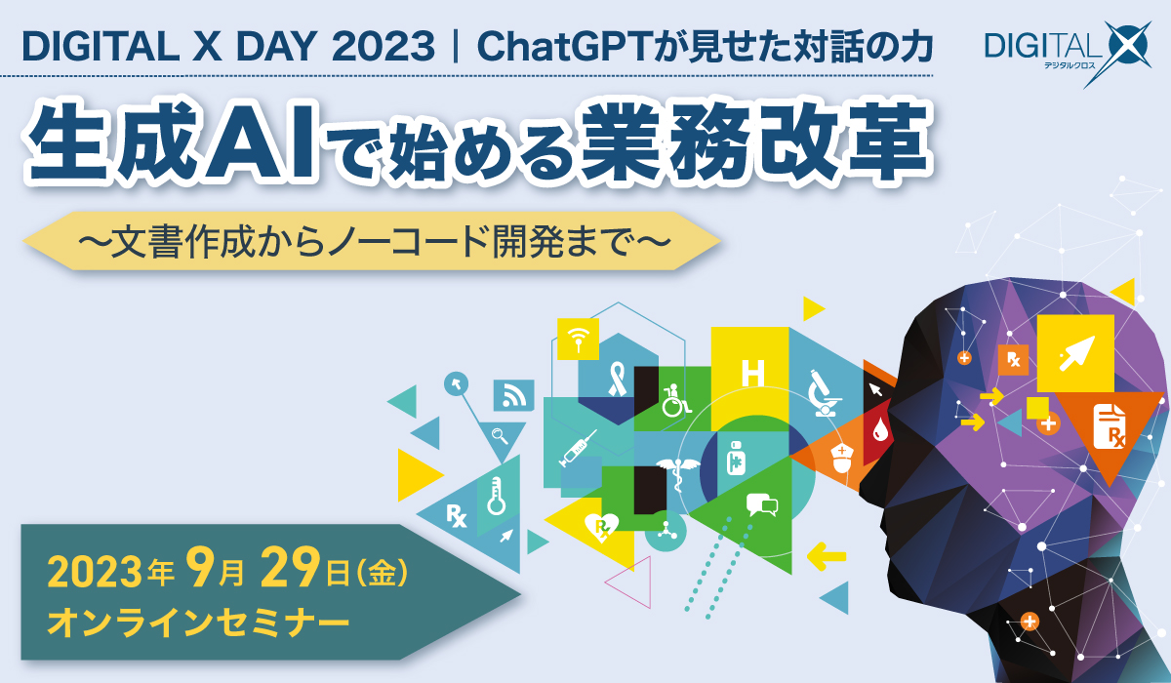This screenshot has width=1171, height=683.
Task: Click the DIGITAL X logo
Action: [1067, 53]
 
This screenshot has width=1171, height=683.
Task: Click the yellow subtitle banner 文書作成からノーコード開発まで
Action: [372, 241]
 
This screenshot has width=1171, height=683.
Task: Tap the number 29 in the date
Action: [291, 568]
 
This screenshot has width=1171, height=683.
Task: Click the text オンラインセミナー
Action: [198, 623]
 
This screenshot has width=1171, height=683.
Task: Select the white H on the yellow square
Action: [752, 373]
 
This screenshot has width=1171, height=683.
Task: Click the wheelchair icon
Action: [674, 401]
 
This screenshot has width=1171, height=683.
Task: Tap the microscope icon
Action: [824, 393]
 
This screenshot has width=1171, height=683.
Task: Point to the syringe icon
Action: [577, 449]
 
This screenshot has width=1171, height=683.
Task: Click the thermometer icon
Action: [496, 497]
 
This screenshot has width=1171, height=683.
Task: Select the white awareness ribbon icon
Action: [618, 380]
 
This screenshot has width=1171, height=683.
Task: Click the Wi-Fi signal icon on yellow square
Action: [578, 340]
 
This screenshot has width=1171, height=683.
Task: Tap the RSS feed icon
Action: [513, 395]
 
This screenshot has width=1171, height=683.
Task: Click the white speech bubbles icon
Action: [762, 504]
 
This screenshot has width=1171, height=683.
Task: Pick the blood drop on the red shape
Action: [880, 430]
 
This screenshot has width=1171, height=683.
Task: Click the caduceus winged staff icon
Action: [677, 473]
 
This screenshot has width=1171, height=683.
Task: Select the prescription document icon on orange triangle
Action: [1110, 426]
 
